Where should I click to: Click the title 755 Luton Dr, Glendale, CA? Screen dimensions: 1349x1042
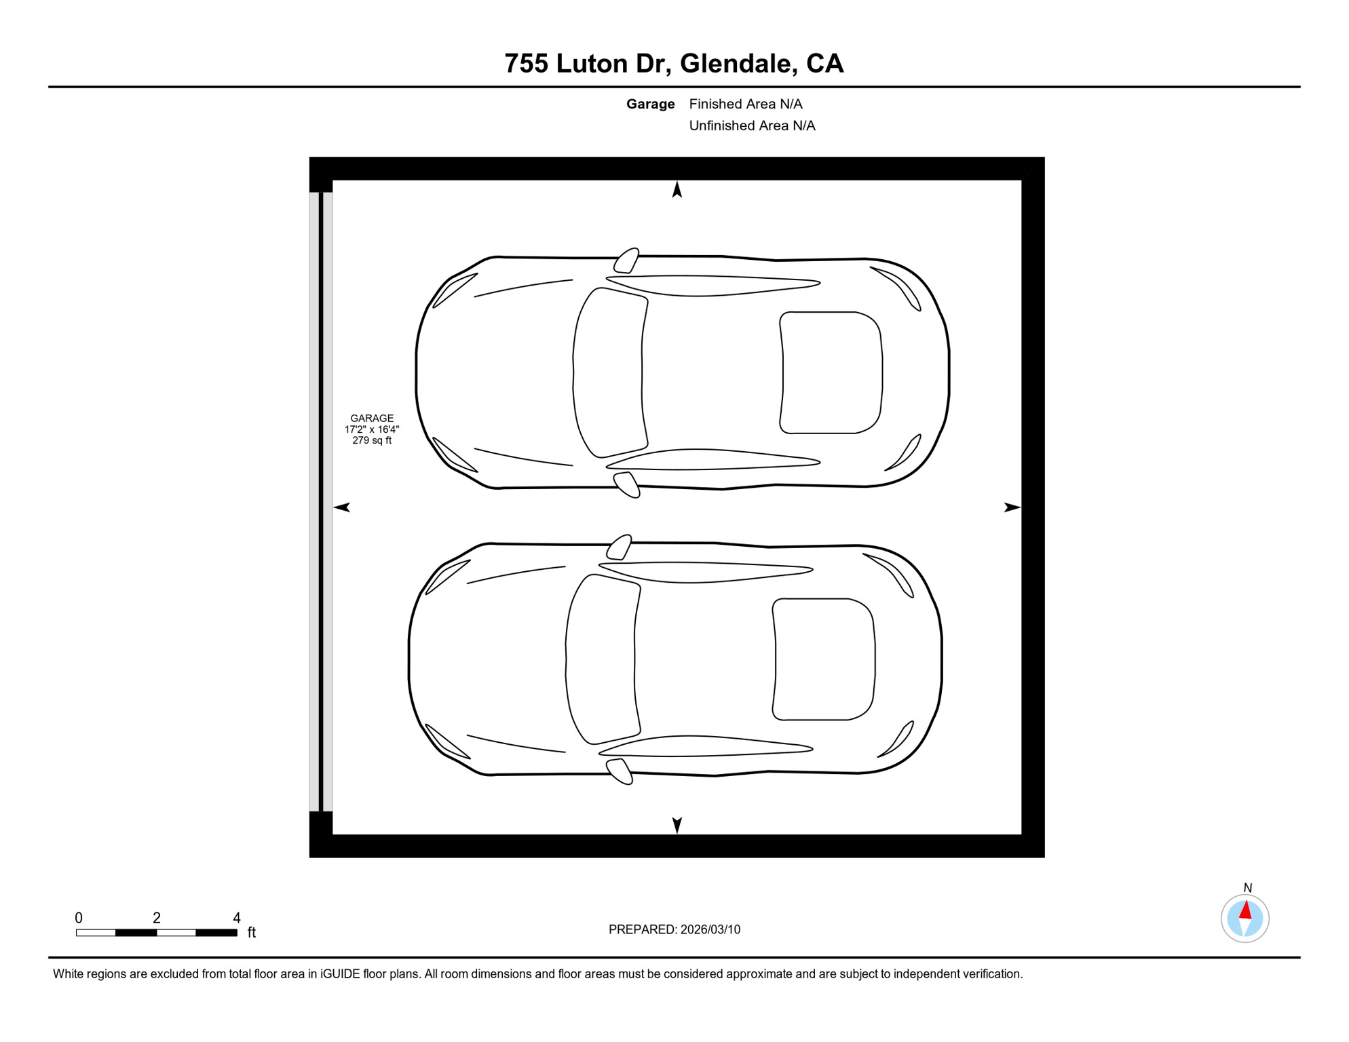tap(674, 64)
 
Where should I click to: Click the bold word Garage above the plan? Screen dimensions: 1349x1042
tap(650, 104)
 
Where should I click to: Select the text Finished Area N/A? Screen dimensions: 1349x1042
tap(746, 104)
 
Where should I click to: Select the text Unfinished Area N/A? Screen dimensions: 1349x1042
tap(752, 126)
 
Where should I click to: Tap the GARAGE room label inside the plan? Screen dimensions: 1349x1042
tap(372, 419)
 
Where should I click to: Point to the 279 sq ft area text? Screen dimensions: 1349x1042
tap(372, 440)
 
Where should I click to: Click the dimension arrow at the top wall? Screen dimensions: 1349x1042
tap(677, 189)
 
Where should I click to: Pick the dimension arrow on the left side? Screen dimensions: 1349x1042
tap(342, 507)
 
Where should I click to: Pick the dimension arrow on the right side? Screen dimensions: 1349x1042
tap(1012, 507)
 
